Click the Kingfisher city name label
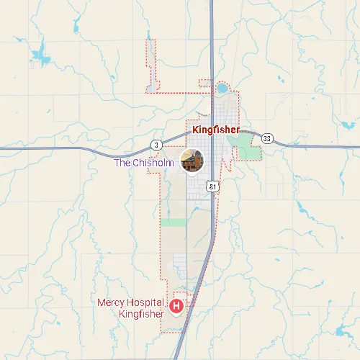click(x=216, y=130)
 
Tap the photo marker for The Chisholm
click(x=192, y=160)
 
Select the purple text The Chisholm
click(x=144, y=163)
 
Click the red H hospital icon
click(x=176, y=307)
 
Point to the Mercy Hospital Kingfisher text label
click(x=131, y=308)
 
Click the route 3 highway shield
click(x=156, y=144)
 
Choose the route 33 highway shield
click(x=267, y=138)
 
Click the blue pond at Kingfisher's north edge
click(x=222, y=89)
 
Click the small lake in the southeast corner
click(x=340, y=331)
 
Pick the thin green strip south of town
click(x=173, y=222)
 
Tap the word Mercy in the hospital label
click(x=111, y=302)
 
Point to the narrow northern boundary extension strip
click(x=150, y=65)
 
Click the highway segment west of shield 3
click(x=72, y=148)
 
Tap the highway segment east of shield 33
click(x=317, y=146)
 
